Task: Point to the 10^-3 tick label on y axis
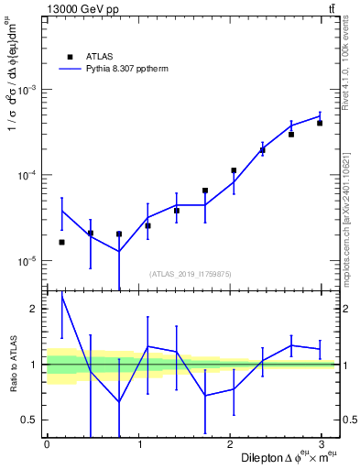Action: (28, 90)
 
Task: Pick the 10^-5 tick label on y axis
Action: (28, 261)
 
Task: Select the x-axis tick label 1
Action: (139, 444)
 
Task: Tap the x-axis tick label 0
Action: (47, 444)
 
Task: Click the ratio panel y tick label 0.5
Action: (30, 420)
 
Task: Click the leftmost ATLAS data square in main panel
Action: (61, 242)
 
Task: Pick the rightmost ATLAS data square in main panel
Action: (320, 123)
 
